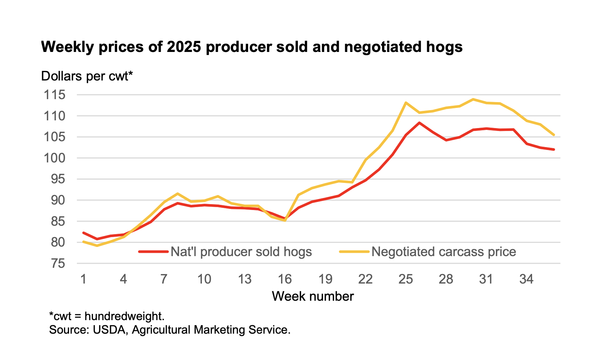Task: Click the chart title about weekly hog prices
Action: click(252, 47)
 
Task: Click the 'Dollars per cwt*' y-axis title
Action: click(87, 76)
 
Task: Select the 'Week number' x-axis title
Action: click(313, 296)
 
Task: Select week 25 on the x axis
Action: click(405, 280)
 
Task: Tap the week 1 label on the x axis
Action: click(83, 280)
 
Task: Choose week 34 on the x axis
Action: click(526, 280)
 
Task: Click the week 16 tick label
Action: click(285, 280)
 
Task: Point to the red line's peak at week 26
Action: click(419, 123)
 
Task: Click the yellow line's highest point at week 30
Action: click(473, 99)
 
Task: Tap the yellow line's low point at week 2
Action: click(97, 245)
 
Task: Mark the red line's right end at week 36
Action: click(554, 149)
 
